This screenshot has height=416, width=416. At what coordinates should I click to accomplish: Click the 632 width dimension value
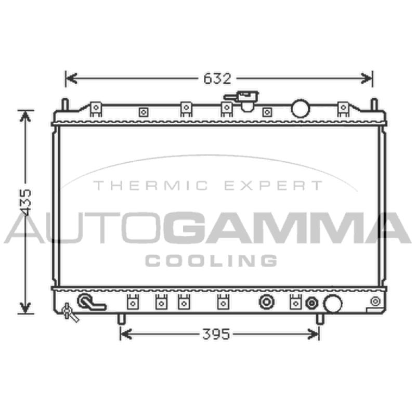pos(217,79)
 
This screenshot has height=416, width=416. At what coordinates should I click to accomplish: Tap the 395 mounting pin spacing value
pos(216,334)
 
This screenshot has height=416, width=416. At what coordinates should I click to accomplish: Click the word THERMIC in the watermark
pos(151,186)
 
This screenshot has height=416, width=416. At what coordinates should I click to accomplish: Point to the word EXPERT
pos(274,186)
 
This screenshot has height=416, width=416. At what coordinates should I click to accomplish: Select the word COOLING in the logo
pos(211,261)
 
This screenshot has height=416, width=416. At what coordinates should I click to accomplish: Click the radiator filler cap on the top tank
pos(242,100)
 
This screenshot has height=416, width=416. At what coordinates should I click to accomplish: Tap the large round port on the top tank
pos(301,108)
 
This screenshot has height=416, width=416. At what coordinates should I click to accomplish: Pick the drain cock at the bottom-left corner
pos(70,313)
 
